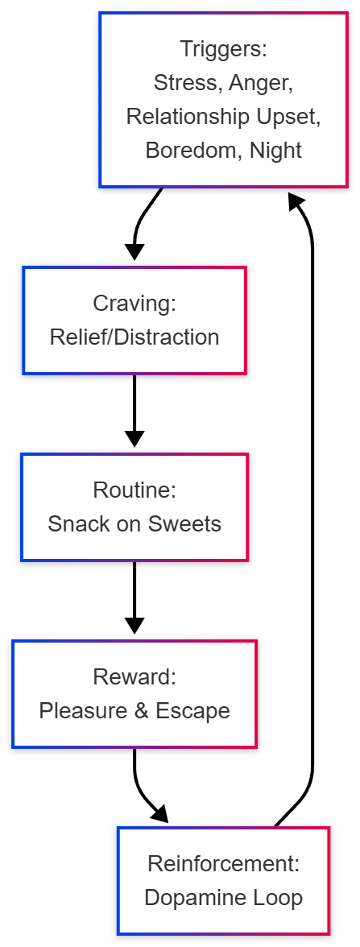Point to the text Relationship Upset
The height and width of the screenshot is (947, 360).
[x=223, y=116]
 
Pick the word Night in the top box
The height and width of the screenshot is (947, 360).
[x=275, y=150]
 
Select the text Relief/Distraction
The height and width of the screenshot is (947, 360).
[x=134, y=337]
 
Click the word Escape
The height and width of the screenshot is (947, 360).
[x=195, y=710]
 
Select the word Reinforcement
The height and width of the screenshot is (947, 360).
[x=223, y=863]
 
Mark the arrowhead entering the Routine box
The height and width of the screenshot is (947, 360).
[x=134, y=439]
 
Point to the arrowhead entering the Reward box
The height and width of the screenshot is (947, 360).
[x=134, y=626]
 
